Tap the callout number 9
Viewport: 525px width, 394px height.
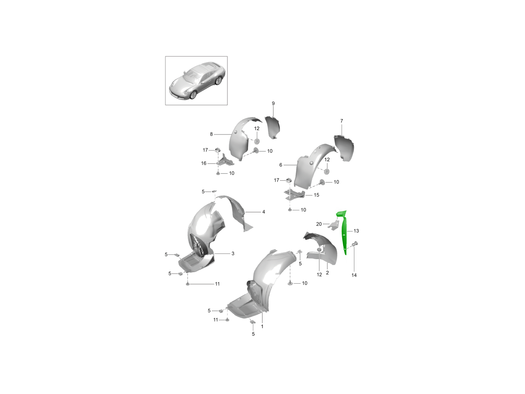click(x=273, y=103)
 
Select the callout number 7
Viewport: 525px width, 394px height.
click(x=342, y=121)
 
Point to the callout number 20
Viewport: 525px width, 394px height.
click(x=319, y=224)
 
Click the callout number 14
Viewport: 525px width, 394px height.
click(x=354, y=275)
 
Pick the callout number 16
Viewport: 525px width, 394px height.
click(x=203, y=163)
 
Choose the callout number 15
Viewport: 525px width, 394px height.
click(x=316, y=195)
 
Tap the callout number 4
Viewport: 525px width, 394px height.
click(x=263, y=212)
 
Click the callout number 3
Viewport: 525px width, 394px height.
click(x=233, y=253)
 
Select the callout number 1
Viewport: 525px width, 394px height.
click(x=262, y=326)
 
